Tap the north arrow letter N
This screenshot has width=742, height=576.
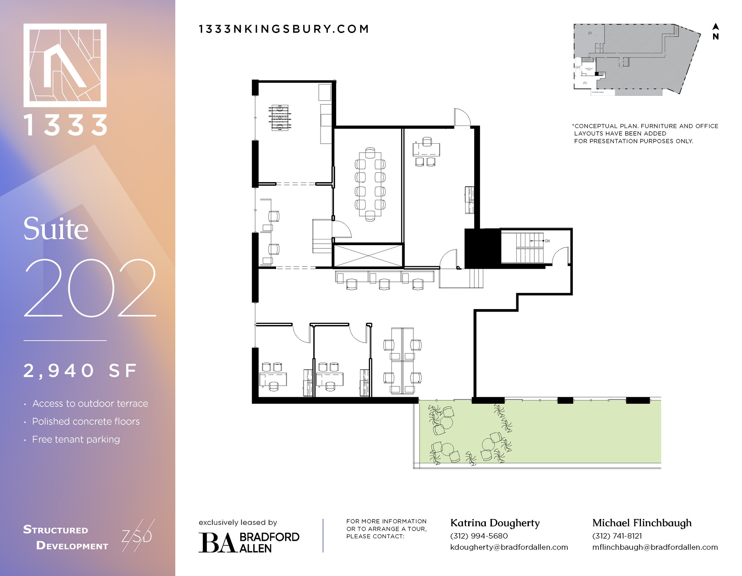[x=716, y=37]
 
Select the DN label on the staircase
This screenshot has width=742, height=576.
[x=547, y=241]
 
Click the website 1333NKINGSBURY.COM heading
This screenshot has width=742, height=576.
[x=284, y=29]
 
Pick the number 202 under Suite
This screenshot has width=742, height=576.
[x=90, y=288]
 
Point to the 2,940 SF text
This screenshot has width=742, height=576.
[x=80, y=371]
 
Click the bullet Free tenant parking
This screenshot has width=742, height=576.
[x=76, y=439]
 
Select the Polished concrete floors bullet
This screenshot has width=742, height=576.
[x=86, y=421]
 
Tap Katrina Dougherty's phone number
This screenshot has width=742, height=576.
[x=479, y=536]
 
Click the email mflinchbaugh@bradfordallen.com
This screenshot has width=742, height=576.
[x=655, y=547]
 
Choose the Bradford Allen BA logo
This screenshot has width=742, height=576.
[x=249, y=542]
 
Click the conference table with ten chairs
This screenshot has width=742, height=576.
[x=370, y=184]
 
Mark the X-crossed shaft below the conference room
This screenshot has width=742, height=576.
[x=368, y=255]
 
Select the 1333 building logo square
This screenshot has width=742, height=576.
[x=65, y=65]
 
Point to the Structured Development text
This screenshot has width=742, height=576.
[x=65, y=538]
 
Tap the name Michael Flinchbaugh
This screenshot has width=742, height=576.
[x=642, y=523]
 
